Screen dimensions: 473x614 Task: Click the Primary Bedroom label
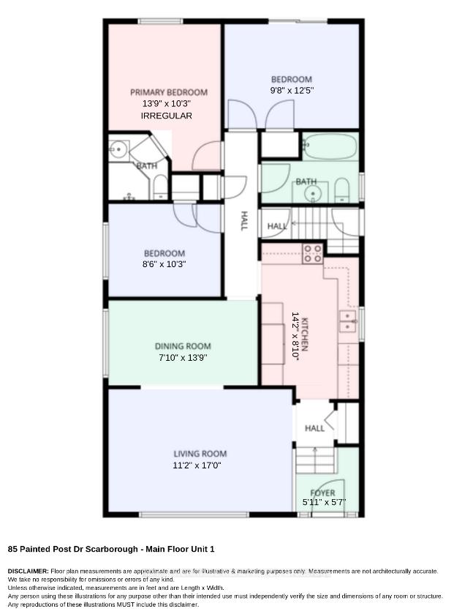(169, 92)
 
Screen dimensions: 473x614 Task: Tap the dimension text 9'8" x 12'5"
(292, 91)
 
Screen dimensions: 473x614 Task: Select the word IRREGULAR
(166, 116)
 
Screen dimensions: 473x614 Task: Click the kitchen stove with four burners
(312, 253)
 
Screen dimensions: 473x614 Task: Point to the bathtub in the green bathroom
(330, 146)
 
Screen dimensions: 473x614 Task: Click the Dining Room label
(183, 346)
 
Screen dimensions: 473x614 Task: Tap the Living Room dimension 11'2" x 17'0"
(197, 465)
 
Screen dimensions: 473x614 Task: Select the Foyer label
(322, 493)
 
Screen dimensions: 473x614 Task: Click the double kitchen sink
(347, 321)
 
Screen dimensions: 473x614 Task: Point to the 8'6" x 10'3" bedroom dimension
(164, 264)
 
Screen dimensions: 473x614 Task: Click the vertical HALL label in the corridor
(243, 220)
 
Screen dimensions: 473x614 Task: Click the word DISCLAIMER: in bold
(29, 572)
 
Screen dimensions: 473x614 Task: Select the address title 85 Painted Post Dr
(73, 549)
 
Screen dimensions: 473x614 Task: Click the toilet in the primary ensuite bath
(160, 187)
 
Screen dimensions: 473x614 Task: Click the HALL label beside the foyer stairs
(314, 428)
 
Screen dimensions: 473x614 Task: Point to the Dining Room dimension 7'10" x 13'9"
(183, 358)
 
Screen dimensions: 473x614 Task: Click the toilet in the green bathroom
(342, 190)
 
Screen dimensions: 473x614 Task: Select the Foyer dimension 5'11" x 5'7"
(325, 503)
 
